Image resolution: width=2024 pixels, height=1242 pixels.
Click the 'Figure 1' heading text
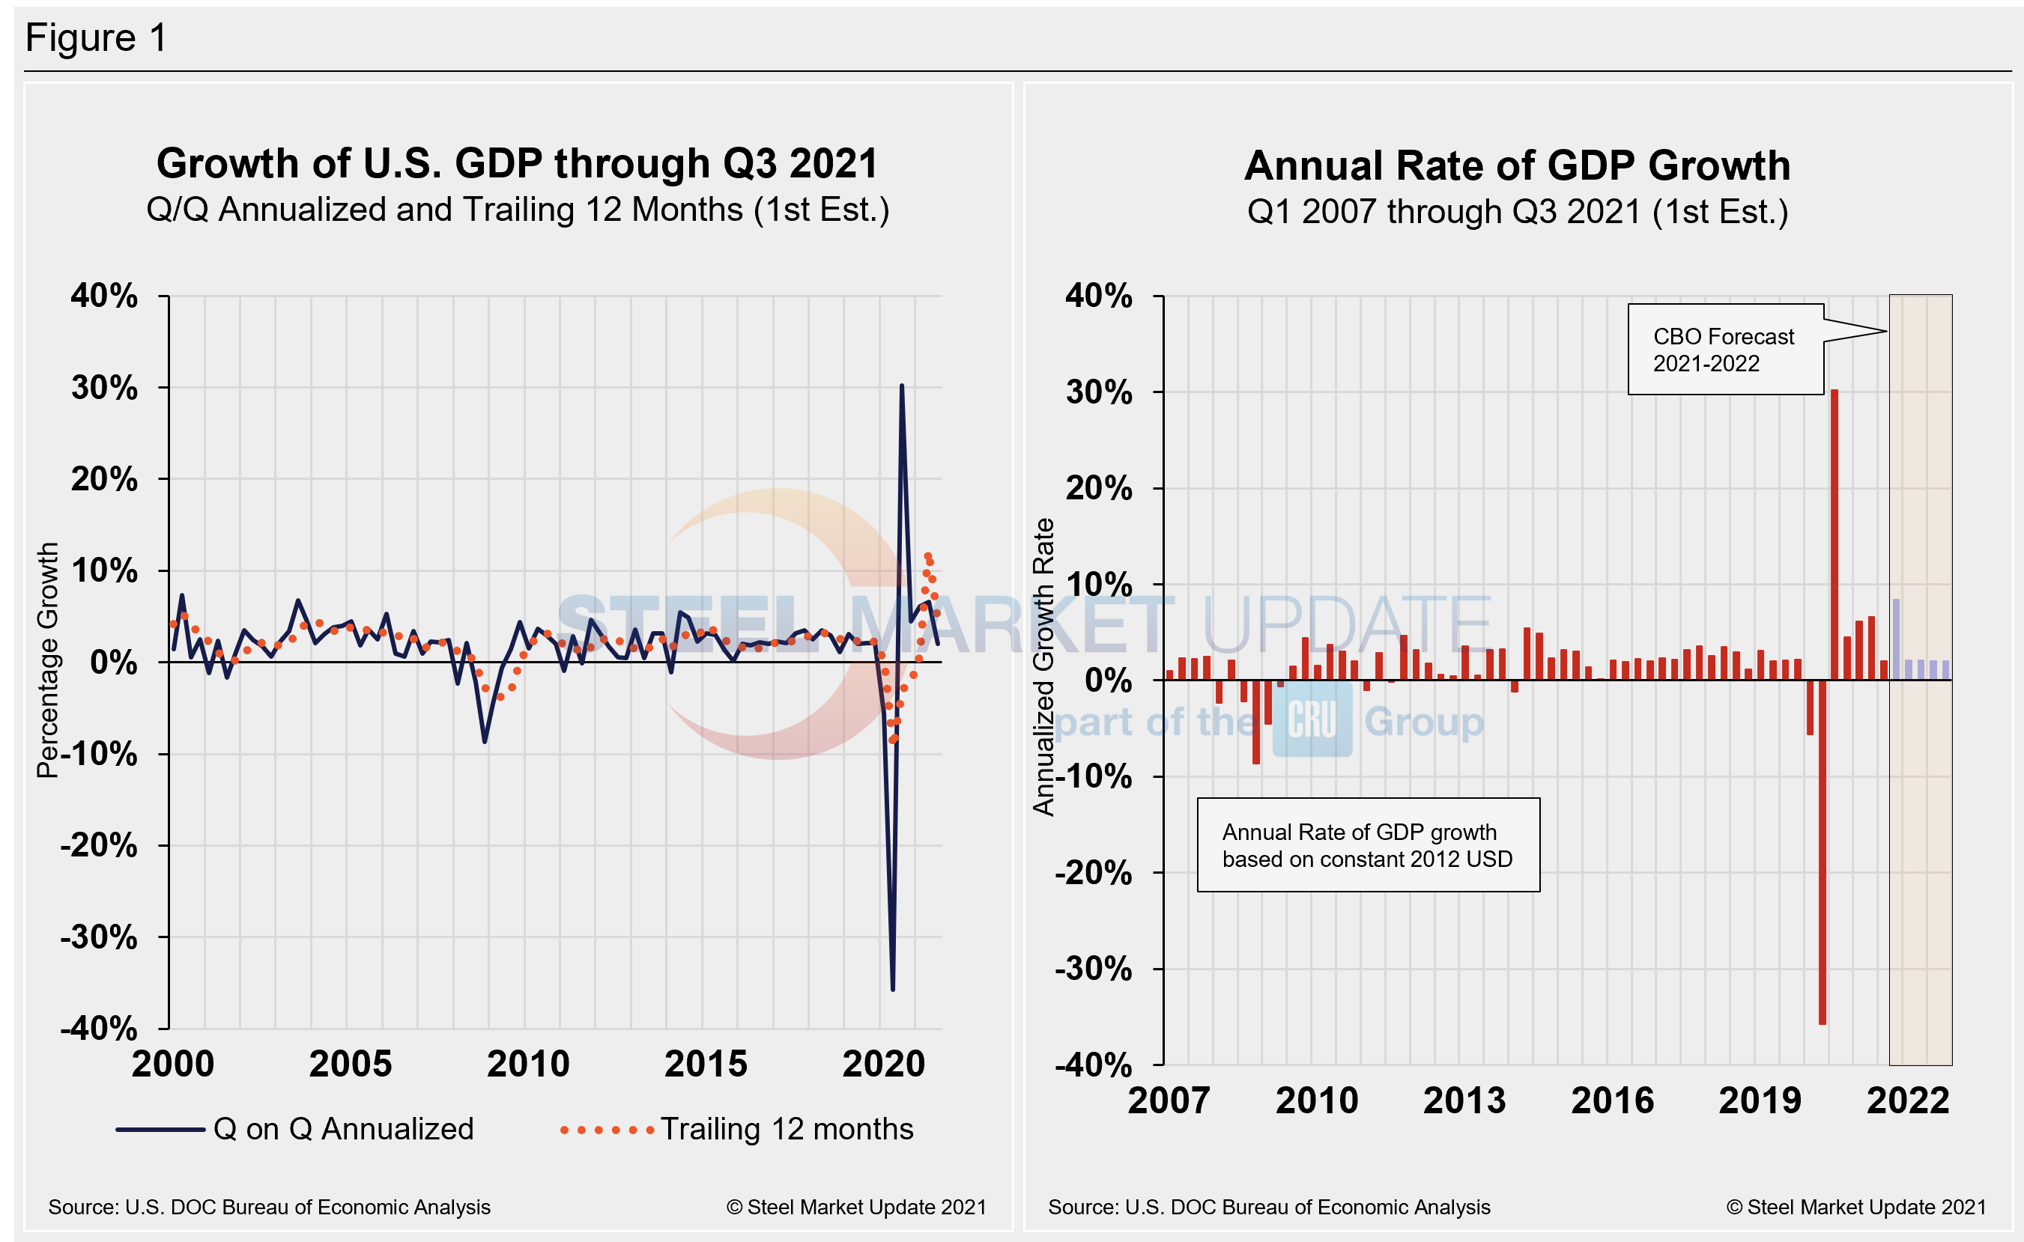point(96,37)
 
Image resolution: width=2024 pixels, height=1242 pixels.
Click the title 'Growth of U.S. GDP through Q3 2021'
point(517,163)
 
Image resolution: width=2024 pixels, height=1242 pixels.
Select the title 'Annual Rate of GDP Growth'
point(1517,166)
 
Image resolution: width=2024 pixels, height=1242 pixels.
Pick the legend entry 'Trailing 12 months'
point(786,1130)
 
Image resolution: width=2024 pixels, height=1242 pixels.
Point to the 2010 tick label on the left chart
point(527,1065)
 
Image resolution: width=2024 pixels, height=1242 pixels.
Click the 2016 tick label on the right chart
point(1611,1101)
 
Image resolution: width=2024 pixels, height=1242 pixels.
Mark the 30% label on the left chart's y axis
point(104,388)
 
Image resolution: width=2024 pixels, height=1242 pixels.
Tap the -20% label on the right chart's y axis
point(1093,873)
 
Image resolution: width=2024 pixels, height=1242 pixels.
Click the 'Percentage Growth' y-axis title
point(48,660)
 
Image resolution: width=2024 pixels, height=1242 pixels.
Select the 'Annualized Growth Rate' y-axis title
point(1043,667)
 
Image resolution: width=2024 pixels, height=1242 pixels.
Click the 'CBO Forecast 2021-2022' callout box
point(1725,350)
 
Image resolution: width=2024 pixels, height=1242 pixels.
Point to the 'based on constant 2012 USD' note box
point(1367,845)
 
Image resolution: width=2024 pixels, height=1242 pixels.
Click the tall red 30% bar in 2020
point(1834,534)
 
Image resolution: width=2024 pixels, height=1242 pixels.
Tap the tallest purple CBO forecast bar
point(1896,639)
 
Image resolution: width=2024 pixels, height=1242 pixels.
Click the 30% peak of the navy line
point(901,386)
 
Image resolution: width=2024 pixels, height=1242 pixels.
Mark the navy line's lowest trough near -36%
point(892,988)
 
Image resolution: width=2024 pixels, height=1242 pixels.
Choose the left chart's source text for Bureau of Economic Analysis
point(269,1208)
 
